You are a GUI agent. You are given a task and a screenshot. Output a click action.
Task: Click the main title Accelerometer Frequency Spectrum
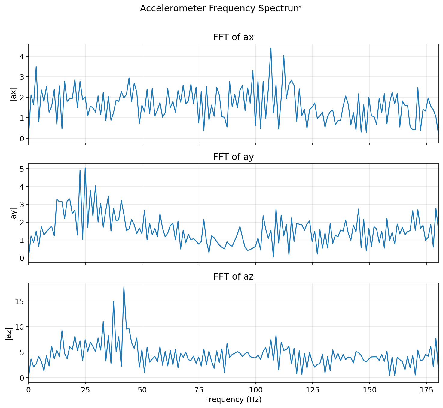[221, 8]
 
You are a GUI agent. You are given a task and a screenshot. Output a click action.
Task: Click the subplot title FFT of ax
[234, 37]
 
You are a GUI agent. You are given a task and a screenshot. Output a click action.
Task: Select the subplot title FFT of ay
[234, 157]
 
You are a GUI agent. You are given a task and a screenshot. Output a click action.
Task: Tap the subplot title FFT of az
[234, 277]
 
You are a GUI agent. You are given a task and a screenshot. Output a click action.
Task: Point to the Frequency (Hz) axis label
[233, 399]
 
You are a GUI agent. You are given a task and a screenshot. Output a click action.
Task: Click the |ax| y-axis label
[14, 94]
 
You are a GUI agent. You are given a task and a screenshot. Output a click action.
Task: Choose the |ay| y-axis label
[14, 213]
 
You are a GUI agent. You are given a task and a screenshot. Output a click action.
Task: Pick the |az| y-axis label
[9, 333]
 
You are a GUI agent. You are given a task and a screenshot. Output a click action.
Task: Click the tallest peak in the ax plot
[271, 48]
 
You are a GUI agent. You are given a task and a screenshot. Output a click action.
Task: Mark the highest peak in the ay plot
[85, 168]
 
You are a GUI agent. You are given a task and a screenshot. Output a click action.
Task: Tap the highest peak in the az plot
[124, 288]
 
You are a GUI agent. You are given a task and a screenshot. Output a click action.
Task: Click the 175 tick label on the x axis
[426, 390]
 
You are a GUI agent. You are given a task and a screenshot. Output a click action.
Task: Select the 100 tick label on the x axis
[255, 390]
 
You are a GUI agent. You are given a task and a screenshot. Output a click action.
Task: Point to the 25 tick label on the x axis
[85, 390]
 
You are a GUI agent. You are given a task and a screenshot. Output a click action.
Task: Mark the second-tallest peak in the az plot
[113, 301]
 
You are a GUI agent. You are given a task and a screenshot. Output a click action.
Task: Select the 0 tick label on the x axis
[29, 390]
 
